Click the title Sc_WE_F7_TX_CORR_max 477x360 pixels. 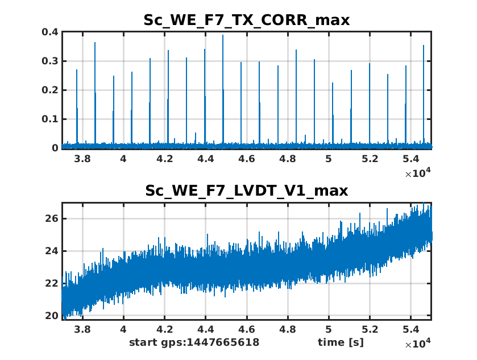coord(246,20)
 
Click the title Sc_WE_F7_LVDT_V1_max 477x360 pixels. coord(246,190)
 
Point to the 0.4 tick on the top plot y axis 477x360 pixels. coord(51,32)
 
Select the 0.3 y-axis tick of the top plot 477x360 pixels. coord(51,61)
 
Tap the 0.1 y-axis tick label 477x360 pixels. coord(51,119)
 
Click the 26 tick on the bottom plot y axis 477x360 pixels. coord(52,218)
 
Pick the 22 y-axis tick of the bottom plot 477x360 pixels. coord(52,283)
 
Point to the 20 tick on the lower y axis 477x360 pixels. coord(52,316)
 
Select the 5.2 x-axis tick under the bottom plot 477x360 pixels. coord(370,329)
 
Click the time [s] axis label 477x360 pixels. coord(341,342)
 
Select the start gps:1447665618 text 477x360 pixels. coord(194,342)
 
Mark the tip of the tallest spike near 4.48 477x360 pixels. coord(223,35)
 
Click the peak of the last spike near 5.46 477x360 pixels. coord(424,45)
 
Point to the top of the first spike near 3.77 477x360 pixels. coord(77,70)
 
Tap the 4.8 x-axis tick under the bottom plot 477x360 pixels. coord(288,329)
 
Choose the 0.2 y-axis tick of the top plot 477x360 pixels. coord(51,90)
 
